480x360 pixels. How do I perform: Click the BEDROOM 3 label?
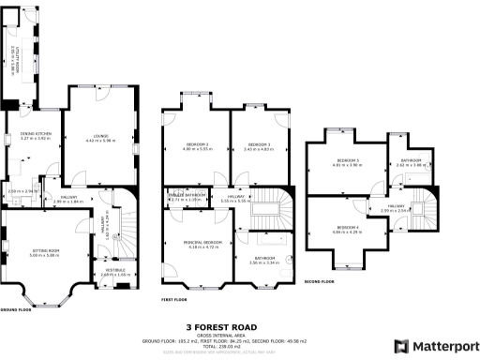(257, 143)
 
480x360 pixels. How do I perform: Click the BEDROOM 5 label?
(347, 161)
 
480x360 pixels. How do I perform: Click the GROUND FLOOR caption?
(17, 308)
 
